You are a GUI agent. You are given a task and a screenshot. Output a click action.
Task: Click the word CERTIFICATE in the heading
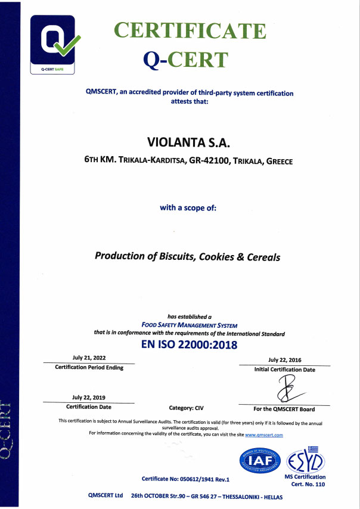click(190, 30)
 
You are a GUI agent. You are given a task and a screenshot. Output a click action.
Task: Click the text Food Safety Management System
click(202, 325)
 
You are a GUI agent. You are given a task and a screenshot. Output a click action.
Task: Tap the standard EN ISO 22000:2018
click(189, 345)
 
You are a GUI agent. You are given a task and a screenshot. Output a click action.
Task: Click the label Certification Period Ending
click(89, 368)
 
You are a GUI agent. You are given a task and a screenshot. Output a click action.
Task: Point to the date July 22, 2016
click(284, 359)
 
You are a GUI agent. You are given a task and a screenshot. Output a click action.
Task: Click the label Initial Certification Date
click(284, 370)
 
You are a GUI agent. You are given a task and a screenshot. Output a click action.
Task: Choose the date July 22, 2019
click(88, 397)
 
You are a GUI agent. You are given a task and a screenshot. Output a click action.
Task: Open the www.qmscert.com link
click(264, 435)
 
